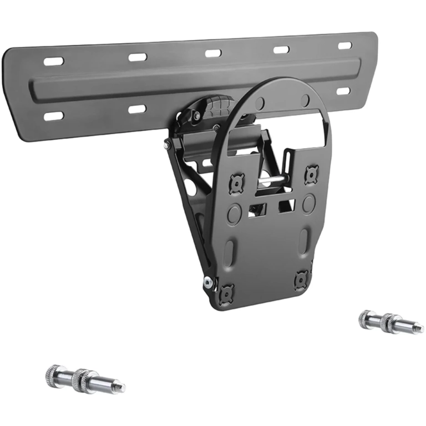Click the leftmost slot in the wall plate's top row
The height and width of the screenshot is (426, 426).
coord(54,61)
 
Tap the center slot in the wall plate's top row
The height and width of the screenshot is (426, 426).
coord(213,53)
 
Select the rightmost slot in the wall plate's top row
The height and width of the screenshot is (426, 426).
coord(345,45)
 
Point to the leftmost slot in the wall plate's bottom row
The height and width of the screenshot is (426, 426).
coord(54,116)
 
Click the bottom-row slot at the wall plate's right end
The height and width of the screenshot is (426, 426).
coord(344,91)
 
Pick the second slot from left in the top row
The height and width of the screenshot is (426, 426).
coord(137,57)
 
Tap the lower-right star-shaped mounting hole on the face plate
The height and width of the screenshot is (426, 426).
coord(302,278)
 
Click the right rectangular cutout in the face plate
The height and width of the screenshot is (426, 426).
coord(286,206)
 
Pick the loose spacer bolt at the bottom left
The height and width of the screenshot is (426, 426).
coord(84,379)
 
